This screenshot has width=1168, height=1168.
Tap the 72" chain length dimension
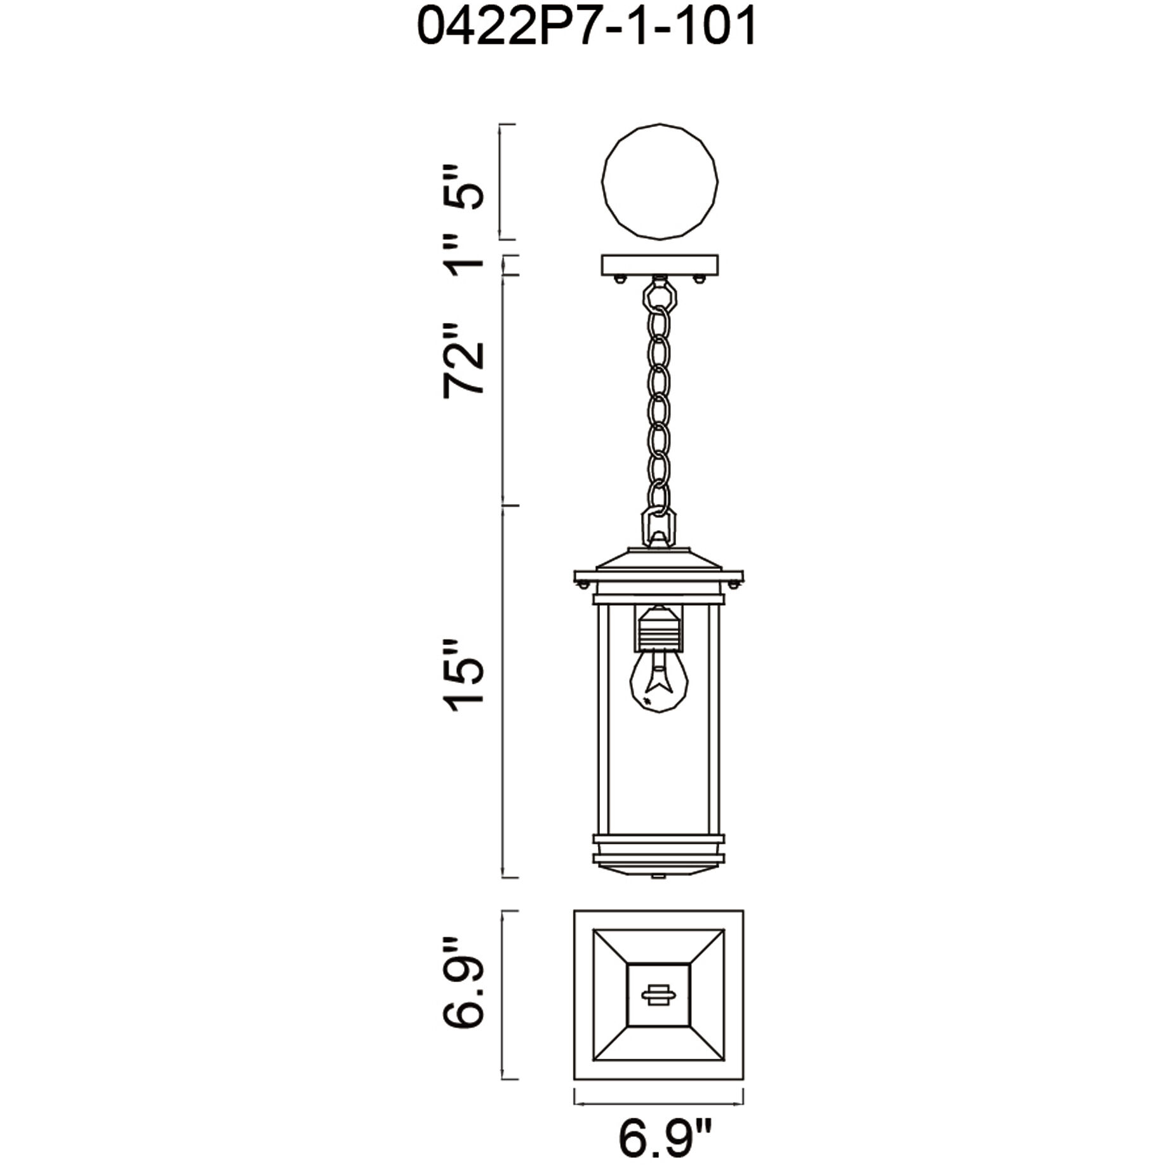[463, 361]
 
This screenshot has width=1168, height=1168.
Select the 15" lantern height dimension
[463, 675]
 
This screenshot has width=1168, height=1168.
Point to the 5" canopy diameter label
[463, 188]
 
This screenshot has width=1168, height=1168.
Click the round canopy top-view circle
[660, 182]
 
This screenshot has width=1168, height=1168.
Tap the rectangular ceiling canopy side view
[660, 265]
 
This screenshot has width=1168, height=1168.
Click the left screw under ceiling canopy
[620, 278]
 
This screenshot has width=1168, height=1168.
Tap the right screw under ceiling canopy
[700, 278]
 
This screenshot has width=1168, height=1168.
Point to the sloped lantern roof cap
[659, 559]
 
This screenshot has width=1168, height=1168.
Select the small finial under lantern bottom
[659, 879]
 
